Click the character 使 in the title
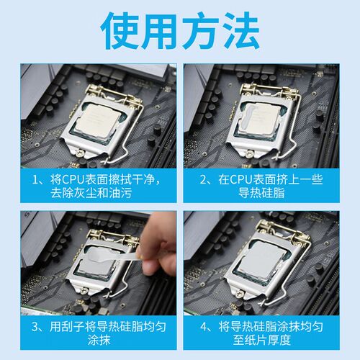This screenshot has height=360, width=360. click(120, 30)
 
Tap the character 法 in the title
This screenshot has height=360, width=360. click(241, 30)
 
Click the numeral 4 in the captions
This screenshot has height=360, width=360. click(204, 327)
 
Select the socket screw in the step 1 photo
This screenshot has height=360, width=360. click(79, 153)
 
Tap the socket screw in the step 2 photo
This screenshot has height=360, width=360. click(249, 153)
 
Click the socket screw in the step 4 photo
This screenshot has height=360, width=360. click(239, 293)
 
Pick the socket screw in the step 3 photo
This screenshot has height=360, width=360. click(84, 291)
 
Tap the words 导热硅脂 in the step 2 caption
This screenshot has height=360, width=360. click(261, 193)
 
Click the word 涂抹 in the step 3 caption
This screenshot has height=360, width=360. click(99, 340)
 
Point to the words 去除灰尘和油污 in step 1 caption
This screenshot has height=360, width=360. click(91, 193)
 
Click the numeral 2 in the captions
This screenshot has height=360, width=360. click(203, 179)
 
